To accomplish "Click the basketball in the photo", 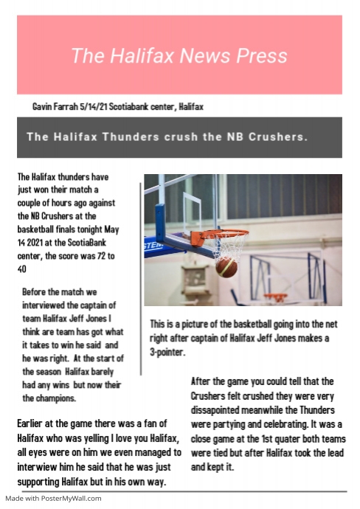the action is (226, 266).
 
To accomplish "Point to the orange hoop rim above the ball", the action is (224, 235).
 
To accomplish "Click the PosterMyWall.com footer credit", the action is (53, 499).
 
